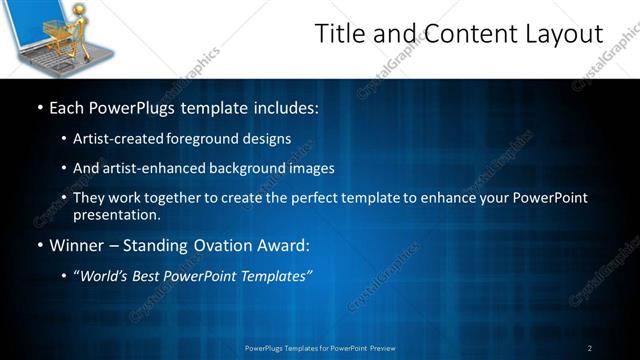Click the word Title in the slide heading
click(341, 34)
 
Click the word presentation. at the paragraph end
click(116, 214)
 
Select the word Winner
click(78, 245)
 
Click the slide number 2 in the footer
click(590, 348)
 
